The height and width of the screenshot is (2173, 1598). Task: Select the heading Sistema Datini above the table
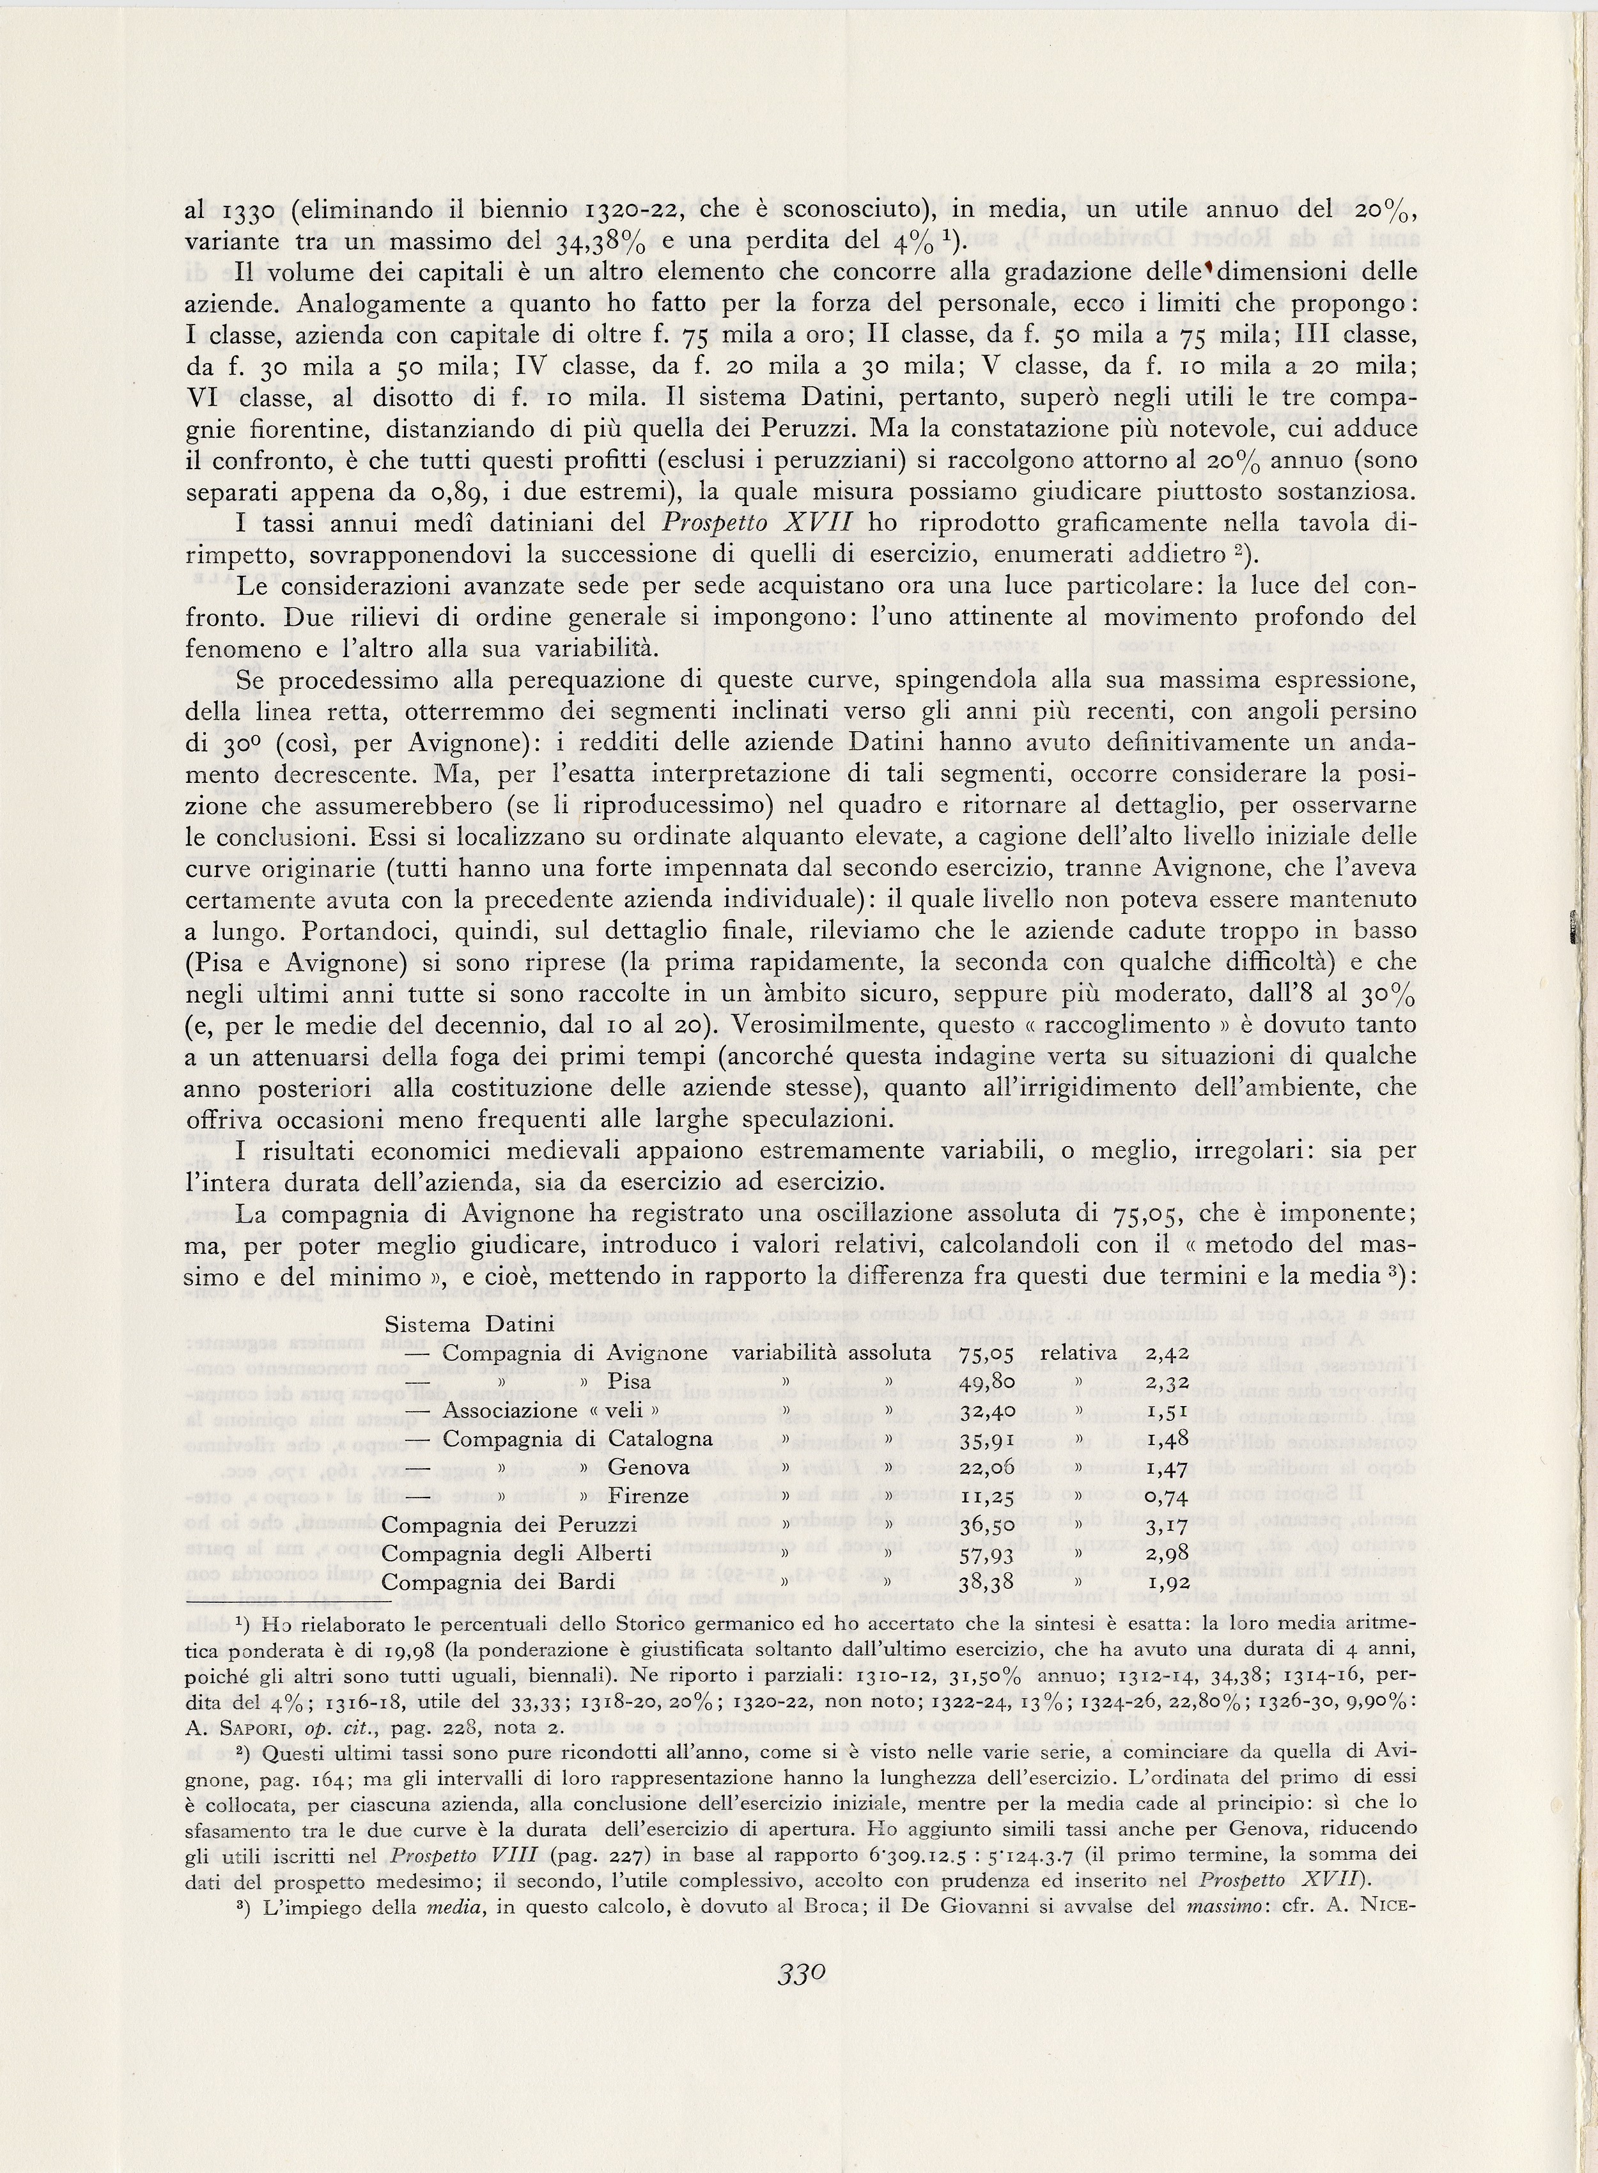click(x=469, y=1324)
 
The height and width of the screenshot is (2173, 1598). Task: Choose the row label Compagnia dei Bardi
click(x=499, y=1582)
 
